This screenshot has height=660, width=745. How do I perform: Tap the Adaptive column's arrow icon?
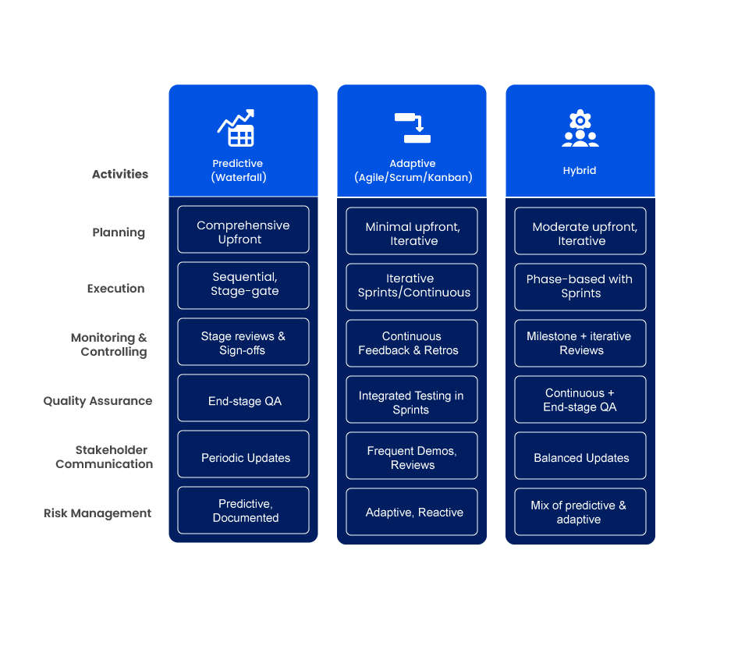[x=413, y=128]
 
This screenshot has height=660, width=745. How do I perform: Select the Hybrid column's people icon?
[x=580, y=129]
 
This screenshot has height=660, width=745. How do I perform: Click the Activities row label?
[x=120, y=174]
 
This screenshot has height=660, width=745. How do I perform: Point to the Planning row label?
[x=119, y=232]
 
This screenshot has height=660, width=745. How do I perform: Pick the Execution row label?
[x=116, y=289]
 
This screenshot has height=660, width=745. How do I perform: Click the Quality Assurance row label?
[x=98, y=401]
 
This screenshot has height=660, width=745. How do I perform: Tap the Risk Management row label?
[x=98, y=513]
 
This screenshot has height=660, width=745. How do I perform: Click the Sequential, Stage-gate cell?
[x=243, y=286]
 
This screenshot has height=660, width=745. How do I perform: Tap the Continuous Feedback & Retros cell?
[x=412, y=343]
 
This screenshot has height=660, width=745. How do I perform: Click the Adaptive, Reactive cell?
[x=412, y=512]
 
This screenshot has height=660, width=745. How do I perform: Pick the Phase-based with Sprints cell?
[x=580, y=287]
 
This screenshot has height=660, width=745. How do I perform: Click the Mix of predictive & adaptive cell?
[x=580, y=512]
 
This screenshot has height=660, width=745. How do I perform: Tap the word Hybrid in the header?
[x=580, y=170]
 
